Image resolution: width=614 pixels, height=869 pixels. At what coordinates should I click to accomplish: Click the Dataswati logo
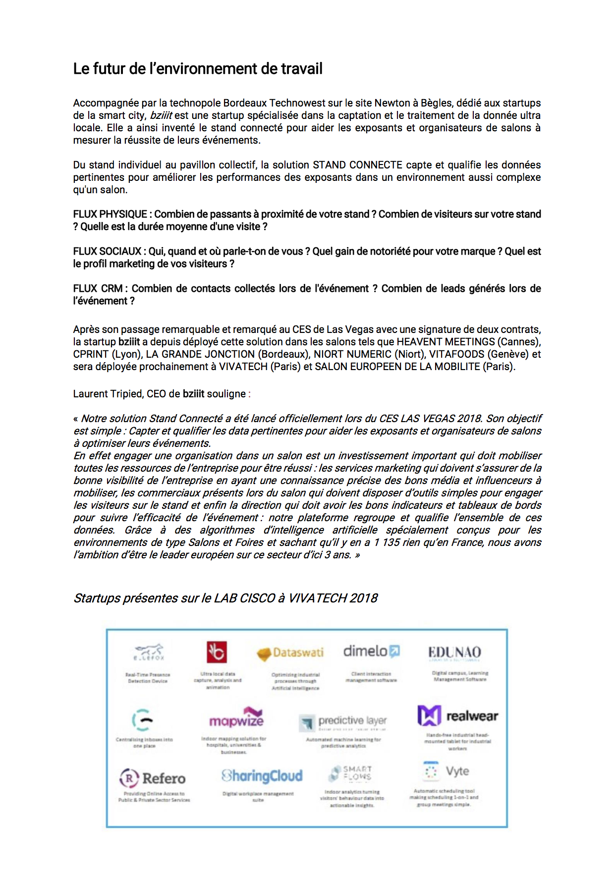(290, 653)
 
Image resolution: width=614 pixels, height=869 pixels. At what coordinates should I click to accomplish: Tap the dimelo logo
(371, 651)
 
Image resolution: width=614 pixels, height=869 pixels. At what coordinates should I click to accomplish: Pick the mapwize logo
(236, 718)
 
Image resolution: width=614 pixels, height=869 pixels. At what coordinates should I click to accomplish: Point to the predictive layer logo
(344, 721)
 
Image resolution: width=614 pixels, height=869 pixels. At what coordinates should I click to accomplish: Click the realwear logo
(457, 715)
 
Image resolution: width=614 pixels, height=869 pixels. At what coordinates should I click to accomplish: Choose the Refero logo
(153, 778)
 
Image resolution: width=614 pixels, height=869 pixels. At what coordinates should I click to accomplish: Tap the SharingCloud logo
(262, 776)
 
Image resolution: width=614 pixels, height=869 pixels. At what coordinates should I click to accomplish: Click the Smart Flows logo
(351, 773)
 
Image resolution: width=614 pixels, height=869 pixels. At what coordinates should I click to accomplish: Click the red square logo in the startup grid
(217, 652)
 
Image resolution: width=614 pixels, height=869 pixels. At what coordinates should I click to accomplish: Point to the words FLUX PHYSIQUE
(110, 214)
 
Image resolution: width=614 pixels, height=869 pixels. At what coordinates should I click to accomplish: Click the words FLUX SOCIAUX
(107, 251)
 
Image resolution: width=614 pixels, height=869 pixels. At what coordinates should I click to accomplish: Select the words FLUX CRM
(98, 288)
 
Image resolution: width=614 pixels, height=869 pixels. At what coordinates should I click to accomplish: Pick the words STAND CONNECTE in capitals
(357, 165)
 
